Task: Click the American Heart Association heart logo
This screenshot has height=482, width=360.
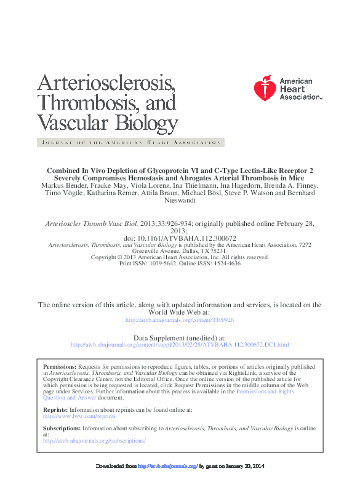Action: [x=265, y=89]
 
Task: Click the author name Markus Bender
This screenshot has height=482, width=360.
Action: [x=64, y=185]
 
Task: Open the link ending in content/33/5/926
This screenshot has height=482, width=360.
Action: [x=180, y=320]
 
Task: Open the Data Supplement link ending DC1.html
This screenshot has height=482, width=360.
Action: [x=180, y=345]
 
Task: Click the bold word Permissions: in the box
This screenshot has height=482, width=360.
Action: [x=59, y=366]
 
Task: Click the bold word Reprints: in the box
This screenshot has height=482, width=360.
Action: [x=55, y=409]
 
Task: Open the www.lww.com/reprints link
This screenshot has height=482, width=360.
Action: [x=79, y=416]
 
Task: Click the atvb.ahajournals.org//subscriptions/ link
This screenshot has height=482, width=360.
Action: [x=94, y=441]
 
